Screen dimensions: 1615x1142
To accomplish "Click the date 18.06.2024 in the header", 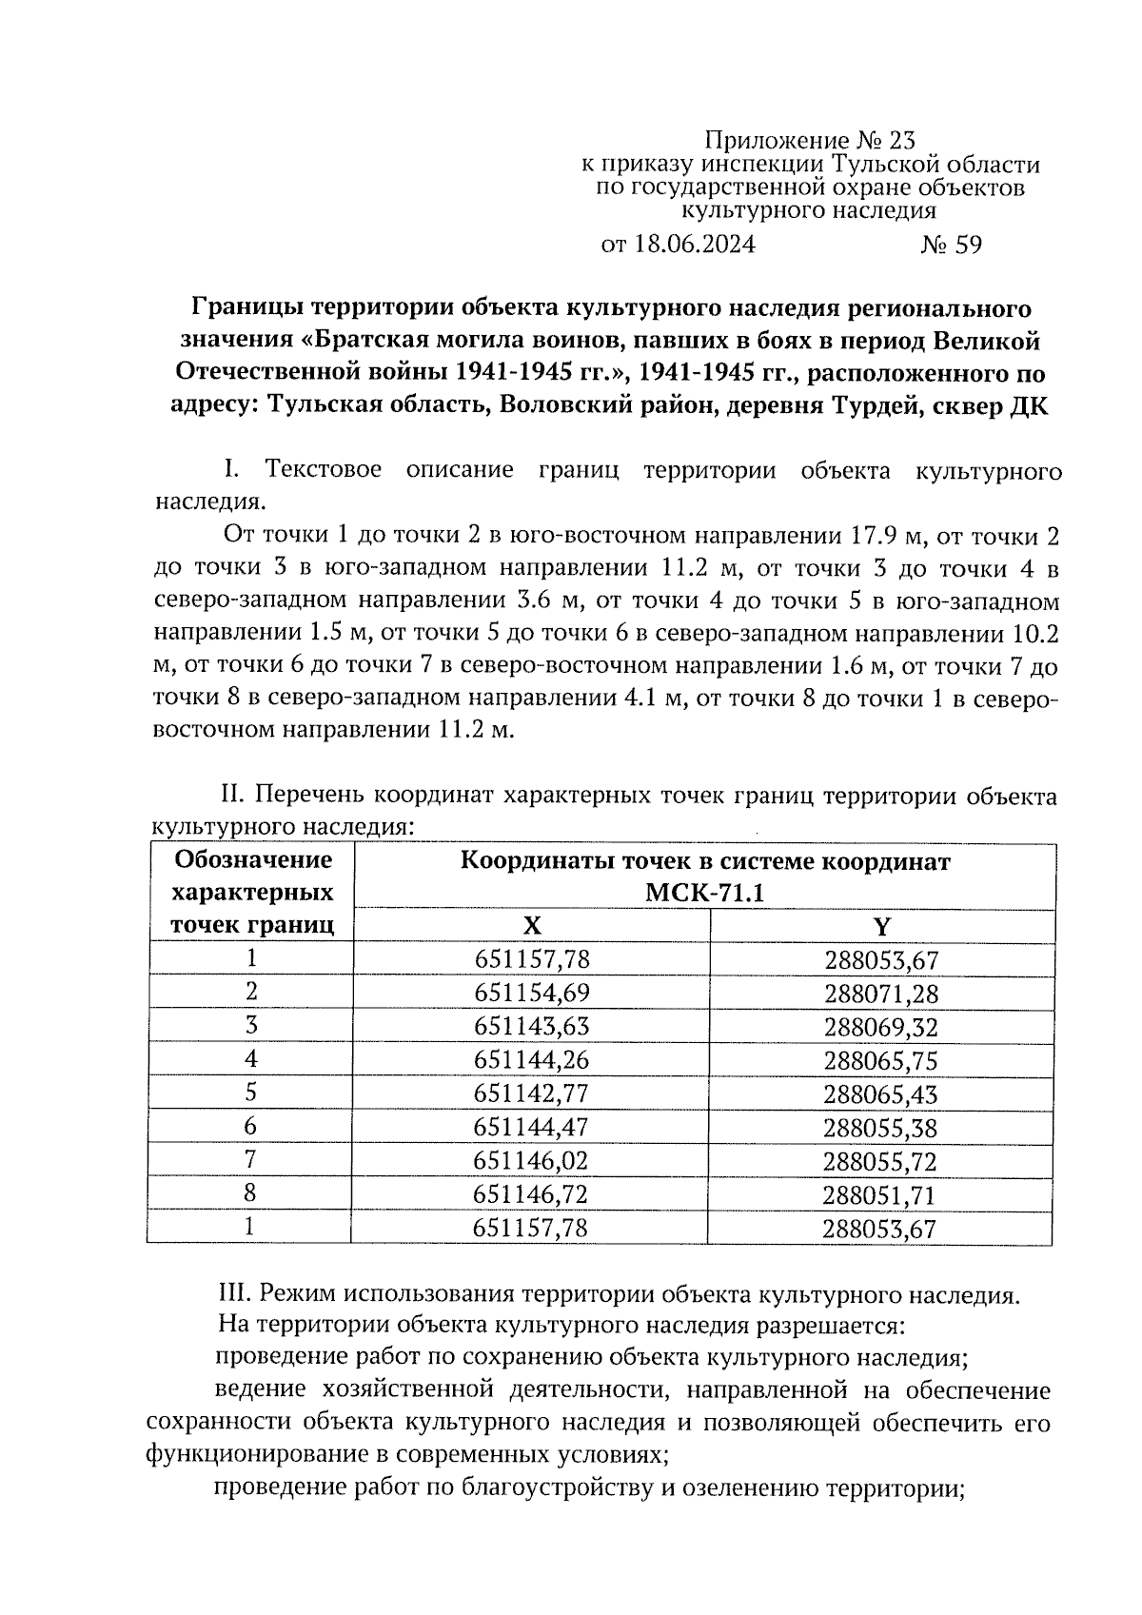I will click(x=694, y=246).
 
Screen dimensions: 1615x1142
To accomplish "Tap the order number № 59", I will click(x=951, y=246).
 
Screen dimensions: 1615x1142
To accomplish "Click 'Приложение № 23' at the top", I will click(x=809, y=142).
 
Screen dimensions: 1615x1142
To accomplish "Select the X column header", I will click(x=532, y=926).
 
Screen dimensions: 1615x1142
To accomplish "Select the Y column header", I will click(x=881, y=926).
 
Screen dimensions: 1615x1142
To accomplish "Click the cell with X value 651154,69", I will click(x=532, y=993).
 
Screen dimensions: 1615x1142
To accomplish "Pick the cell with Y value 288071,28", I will click(x=881, y=995).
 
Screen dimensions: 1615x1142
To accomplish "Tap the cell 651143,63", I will click(x=532, y=1027).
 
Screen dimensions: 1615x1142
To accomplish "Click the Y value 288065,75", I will click(x=881, y=1060).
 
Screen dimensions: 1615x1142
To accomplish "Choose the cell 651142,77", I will click(x=532, y=1093).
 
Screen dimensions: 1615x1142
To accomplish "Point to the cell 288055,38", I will click(x=881, y=1129).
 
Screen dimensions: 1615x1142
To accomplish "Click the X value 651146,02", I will click(x=532, y=1161).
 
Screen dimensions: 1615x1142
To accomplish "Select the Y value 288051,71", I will click(x=881, y=1195).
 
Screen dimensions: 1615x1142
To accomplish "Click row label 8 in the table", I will click(x=251, y=1192).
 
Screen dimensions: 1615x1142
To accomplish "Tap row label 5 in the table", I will click(x=251, y=1092).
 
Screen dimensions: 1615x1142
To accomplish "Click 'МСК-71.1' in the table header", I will click(x=704, y=895).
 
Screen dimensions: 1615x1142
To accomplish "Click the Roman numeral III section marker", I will click(x=234, y=1294).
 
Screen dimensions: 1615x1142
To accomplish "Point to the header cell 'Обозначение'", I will click(x=253, y=860).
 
